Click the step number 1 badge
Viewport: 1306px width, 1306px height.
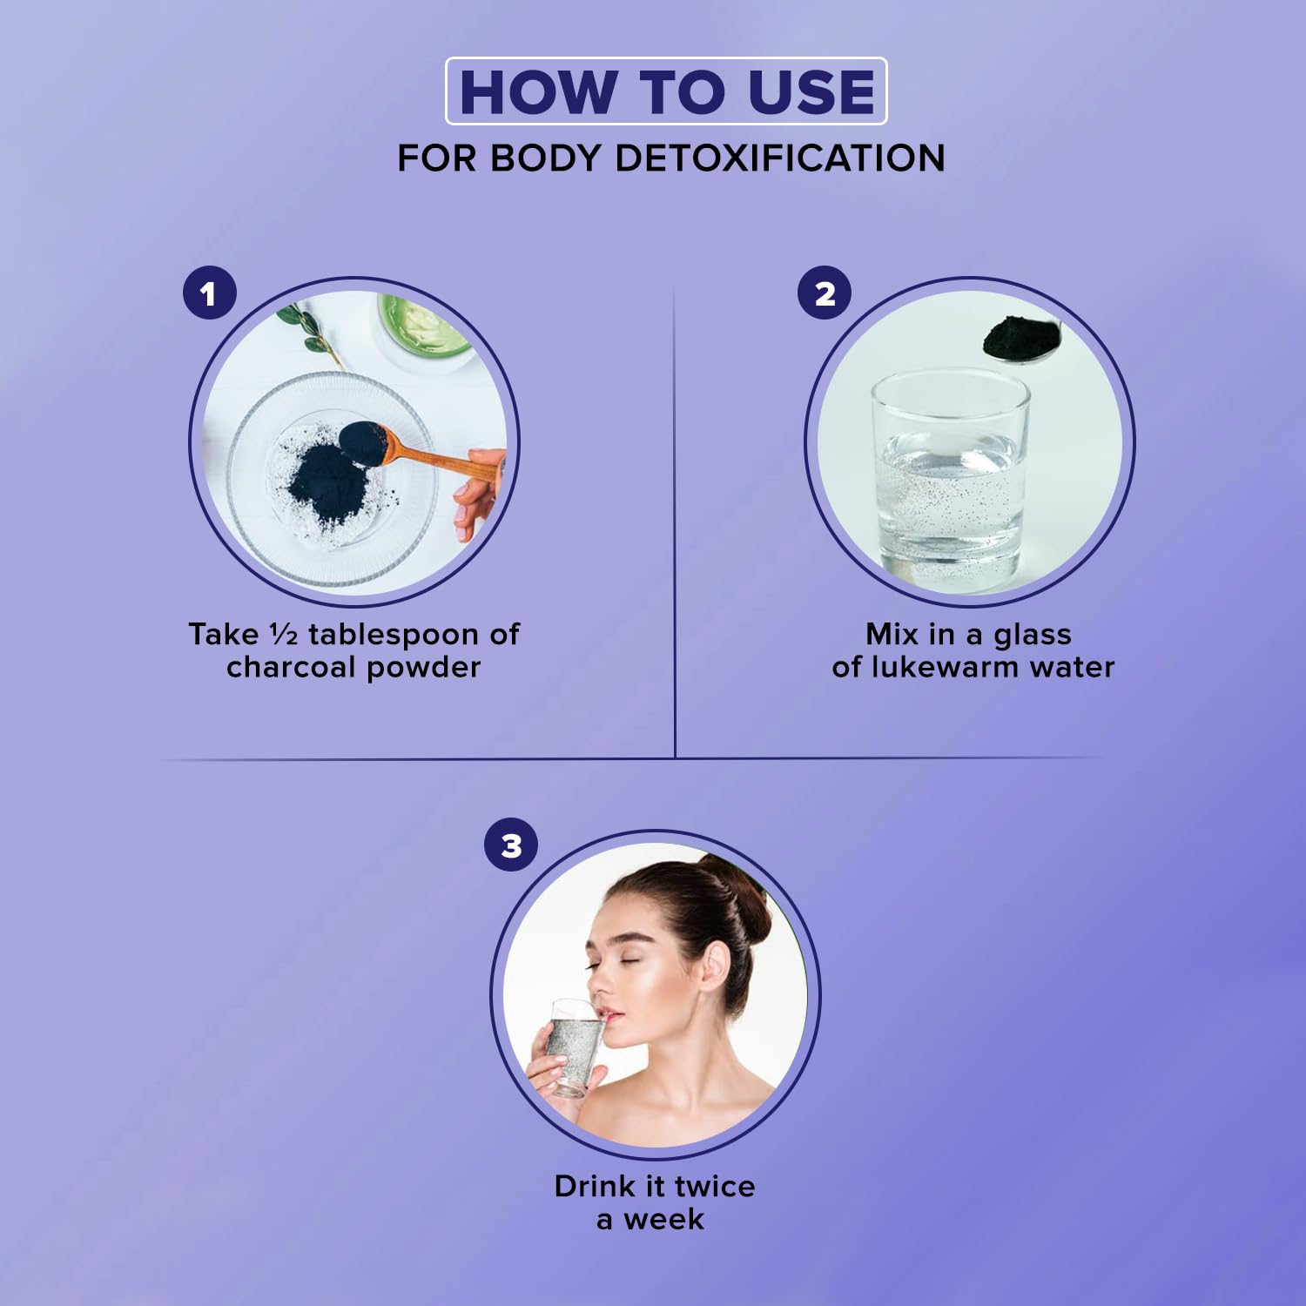[209, 293]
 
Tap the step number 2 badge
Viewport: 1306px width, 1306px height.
[825, 293]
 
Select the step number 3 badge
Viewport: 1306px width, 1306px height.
[511, 845]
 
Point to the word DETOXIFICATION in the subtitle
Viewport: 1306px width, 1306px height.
[780, 158]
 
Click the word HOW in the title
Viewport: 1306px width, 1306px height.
[538, 91]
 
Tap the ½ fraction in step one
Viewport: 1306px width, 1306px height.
[284, 634]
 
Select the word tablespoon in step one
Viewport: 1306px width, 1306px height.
[394, 635]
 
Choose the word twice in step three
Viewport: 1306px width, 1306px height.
[715, 1186]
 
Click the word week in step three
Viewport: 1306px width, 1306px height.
[663, 1219]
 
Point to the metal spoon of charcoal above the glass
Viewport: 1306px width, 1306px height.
[1020, 339]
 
